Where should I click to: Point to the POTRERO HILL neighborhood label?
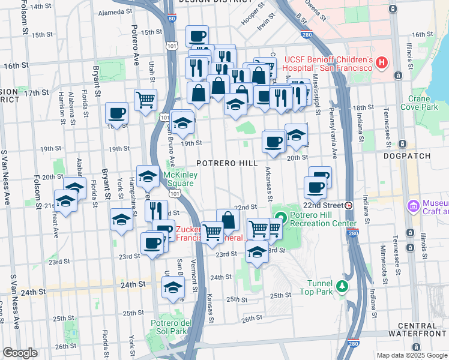(x=228, y=163)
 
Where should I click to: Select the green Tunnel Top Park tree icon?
(x=342, y=286)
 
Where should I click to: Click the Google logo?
(x=19, y=353)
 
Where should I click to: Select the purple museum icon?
(x=413, y=206)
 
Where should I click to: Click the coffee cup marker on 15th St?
(x=196, y=37)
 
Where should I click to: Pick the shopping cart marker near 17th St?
(x=145, y=100)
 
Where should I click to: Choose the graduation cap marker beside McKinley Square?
(x=148, y=176)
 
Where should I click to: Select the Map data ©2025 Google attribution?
(x=412, y=355)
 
